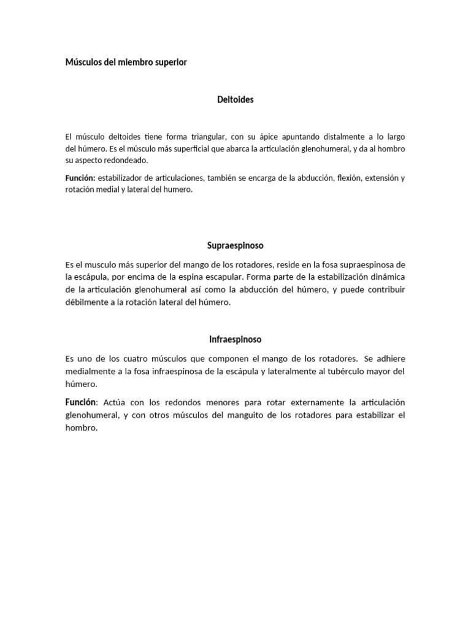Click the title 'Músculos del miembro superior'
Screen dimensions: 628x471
click(126, 63)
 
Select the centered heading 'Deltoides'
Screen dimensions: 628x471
click(235, 100)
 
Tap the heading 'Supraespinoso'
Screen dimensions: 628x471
click(235, 245)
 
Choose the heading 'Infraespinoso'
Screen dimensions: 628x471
click(235, 339)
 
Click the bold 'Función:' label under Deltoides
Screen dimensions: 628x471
click(80, 178)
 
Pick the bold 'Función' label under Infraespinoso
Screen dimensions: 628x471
click(81, 402)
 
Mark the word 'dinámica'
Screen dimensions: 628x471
click(386, 277)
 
